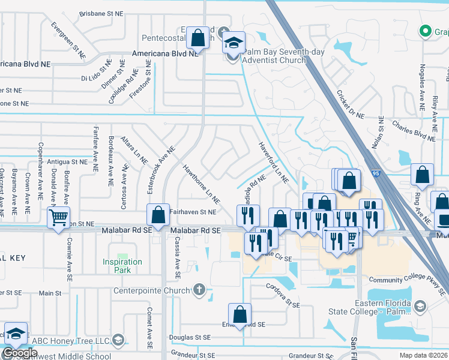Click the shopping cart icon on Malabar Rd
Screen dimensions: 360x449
click(x=58, y=218)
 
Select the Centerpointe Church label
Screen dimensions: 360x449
click(x=152, y=292)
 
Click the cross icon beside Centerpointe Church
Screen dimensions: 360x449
click(x=199, y=292)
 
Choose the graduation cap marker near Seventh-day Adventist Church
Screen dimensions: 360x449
click(x=234, y=43)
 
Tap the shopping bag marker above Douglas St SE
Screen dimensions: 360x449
click(x=240, y=314)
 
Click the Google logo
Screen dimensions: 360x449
click(x=20, y=353)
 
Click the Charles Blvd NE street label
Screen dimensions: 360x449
click(x=413, y=131)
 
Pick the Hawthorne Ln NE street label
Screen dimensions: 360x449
click(x=200, y=184)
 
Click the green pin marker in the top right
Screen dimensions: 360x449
click(x=425, y=30)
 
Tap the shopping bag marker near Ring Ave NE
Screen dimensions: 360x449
click(x=423, y=175)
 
